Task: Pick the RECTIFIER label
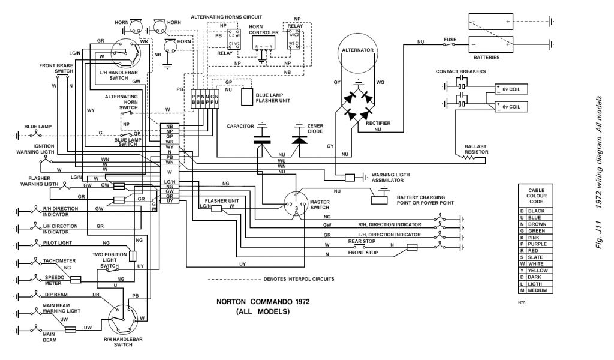tap(378, 122)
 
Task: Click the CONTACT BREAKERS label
tap(460, 71)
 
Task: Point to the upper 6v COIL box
tap(511, 90)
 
